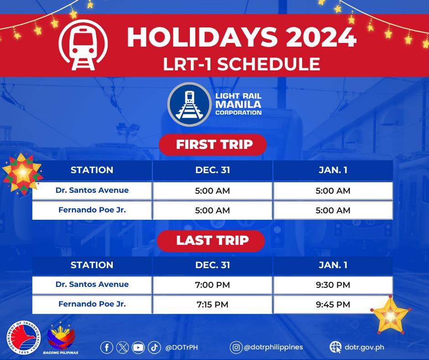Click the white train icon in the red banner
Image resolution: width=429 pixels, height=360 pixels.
83,45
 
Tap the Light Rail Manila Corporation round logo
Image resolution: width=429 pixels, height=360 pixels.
189,104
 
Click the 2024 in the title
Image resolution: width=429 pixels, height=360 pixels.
321,37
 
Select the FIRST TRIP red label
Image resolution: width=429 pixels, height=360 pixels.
213,144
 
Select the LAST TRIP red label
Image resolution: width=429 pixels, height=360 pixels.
211,241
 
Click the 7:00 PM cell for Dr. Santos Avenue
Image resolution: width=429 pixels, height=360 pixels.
213,285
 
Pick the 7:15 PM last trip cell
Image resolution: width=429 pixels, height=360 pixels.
213,304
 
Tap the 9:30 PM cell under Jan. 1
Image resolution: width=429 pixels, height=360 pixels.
333,285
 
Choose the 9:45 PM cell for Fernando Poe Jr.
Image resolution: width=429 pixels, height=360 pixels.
333,304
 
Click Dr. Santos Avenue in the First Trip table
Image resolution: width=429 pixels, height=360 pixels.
92,190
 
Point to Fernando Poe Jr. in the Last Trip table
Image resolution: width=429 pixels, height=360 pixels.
92,304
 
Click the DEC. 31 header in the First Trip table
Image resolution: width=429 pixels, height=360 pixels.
213,170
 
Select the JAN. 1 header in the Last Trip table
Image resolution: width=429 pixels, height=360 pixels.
333,265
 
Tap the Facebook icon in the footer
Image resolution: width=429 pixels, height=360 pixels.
107,347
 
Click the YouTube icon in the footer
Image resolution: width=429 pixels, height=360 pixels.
138,347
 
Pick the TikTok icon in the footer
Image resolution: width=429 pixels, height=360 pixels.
154,347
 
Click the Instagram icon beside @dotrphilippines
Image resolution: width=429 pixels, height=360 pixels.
236,347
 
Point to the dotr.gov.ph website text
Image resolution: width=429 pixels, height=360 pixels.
364,347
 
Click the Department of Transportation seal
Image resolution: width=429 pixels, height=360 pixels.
24,337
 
